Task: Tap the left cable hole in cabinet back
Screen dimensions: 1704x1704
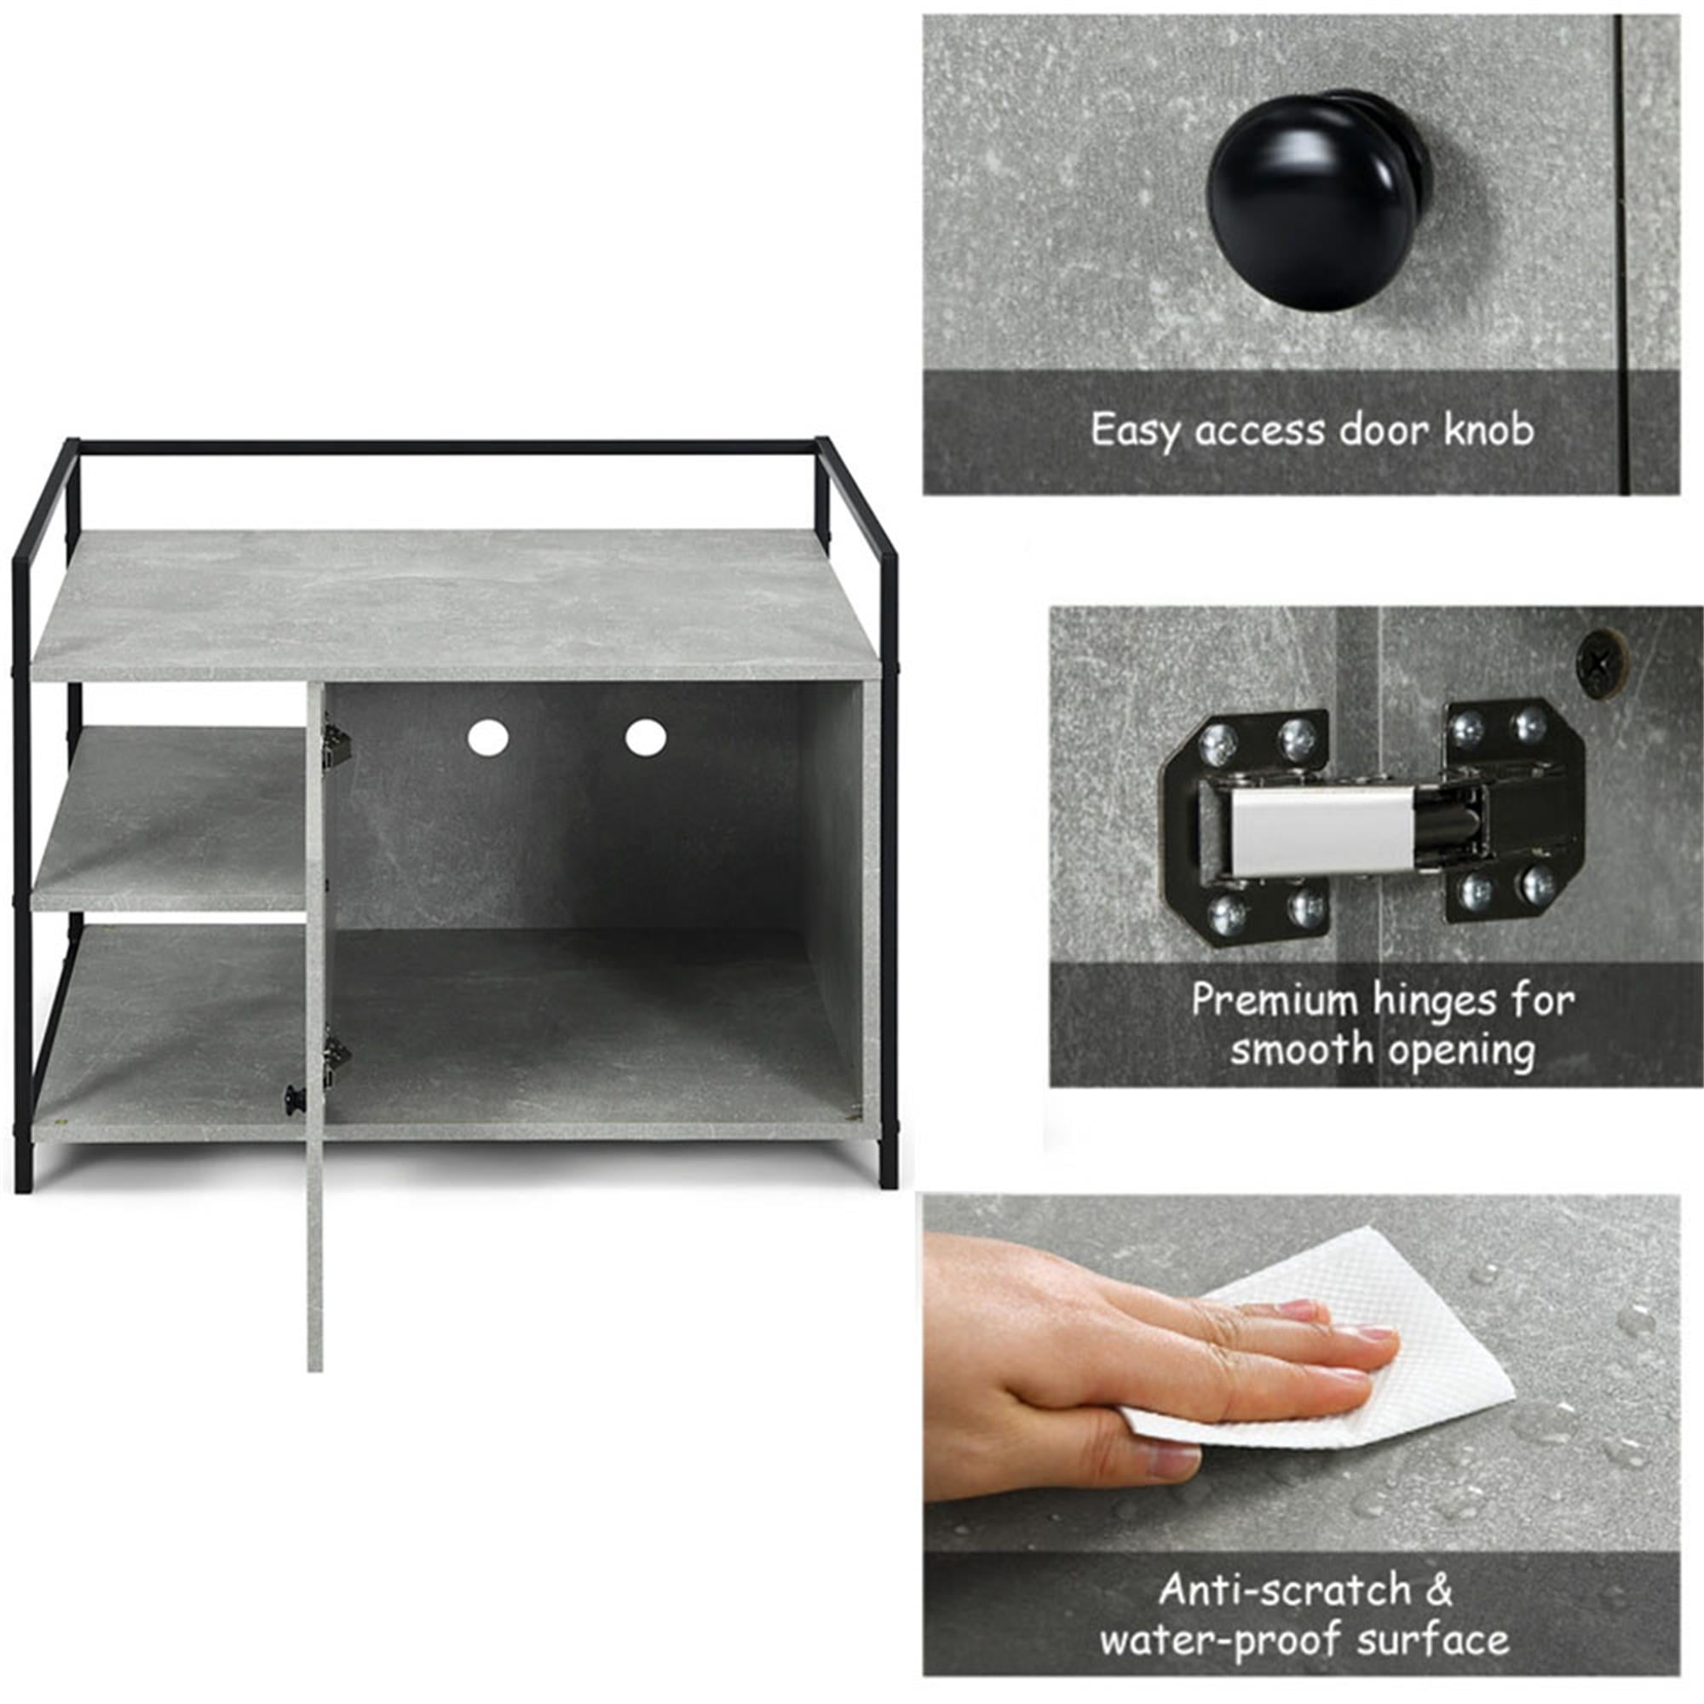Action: (487, 737)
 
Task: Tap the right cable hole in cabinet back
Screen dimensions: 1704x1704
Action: (646, 736)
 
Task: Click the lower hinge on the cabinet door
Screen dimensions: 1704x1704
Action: (335, 1062)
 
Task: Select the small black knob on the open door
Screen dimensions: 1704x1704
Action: (292, 1098)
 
